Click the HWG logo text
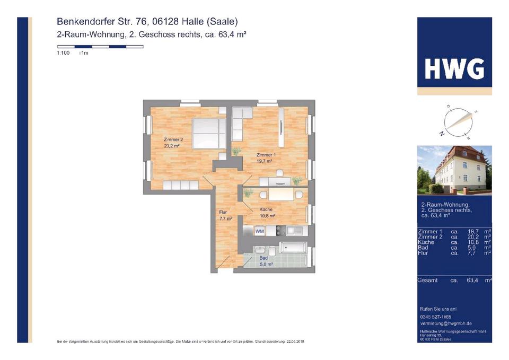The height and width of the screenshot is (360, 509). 454,69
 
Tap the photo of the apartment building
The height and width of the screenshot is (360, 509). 454,170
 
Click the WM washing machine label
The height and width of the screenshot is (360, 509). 260,231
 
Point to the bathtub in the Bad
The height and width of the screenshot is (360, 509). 293,248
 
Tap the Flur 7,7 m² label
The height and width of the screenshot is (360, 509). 225,215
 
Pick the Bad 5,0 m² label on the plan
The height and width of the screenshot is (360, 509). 266,261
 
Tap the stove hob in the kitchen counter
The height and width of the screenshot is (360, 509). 280,231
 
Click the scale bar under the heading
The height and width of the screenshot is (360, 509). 100,47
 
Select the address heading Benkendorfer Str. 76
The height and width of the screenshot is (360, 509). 147,22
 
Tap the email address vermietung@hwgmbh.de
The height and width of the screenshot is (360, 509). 445,323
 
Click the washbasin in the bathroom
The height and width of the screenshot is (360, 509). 260,249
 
